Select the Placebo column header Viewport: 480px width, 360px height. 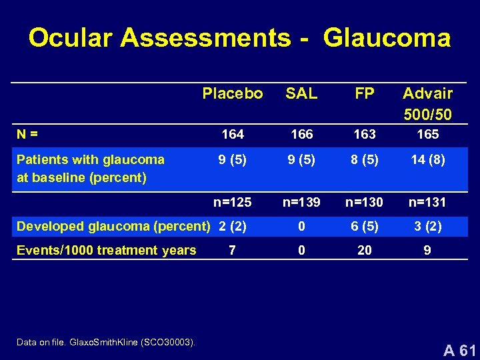pyautogui.click(x=233, y=93)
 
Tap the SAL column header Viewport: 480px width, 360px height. pyautogui.click(x=301, y=93)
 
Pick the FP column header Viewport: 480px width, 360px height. pyautogui.click(x=365, y=93)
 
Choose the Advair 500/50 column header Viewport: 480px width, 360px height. pyautogui.click(x=427, y=103)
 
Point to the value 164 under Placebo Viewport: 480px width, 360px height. pyautogui.click(x=233, y=134)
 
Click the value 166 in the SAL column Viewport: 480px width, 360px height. pyautogui.click(x=302, y=134)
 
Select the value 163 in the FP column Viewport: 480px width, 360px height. pyautogui.click(x=365, y=134)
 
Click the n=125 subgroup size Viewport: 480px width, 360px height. pyautogui.click(x=233, y=201)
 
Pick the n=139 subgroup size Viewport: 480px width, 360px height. pyautogui.click(x=302, y=201)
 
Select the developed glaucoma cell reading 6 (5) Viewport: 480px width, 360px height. pyautogui.click(x=365, y=226)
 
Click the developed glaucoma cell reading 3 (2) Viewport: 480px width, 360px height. pyautogui.click(x=427, y=226)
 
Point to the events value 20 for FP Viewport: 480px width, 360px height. pyautogui.click(x=365, y=251)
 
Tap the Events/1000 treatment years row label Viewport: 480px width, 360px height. pyautogui.click(x=107, y=251)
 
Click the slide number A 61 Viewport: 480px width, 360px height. pyautogui.click(x=459, y=349)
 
